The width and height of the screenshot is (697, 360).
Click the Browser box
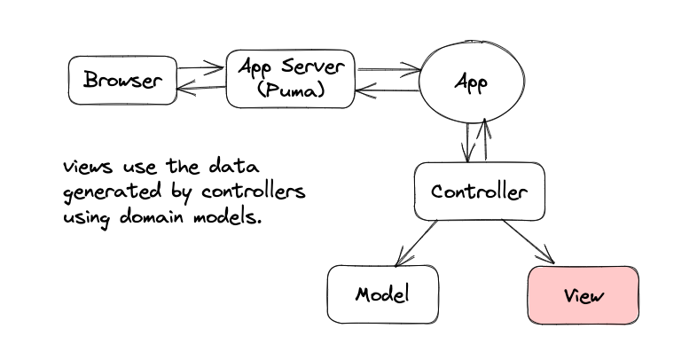(x=122, y=81)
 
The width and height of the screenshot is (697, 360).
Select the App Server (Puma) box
(x=291, y=79)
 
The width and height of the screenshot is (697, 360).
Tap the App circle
(x=472, y=82)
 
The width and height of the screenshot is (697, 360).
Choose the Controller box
(x=480, y=192)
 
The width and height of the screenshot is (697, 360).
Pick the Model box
(x=383, y=294)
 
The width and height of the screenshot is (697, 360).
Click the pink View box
(x=583, y=295)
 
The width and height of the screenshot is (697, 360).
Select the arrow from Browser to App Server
(x=200, y=68)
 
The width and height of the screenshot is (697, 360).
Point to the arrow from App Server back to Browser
(x=201, y=89)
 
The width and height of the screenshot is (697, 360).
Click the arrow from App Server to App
(x=389, y=69)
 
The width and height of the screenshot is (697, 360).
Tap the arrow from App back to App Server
(x=388, y=91)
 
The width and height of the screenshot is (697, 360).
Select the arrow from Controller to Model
(x=416, y=243)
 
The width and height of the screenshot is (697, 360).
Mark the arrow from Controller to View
(x=529, y=241)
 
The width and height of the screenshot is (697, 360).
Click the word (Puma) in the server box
(x=291, y=90)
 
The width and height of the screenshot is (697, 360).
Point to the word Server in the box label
(x=313, y=67)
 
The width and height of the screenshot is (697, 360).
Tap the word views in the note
(x=88, y=167)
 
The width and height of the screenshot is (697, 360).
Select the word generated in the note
(x=112, y=192)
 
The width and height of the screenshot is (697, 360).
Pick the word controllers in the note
(x=254, y=192)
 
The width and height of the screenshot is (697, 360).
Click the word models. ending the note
(x=227, y=217)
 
